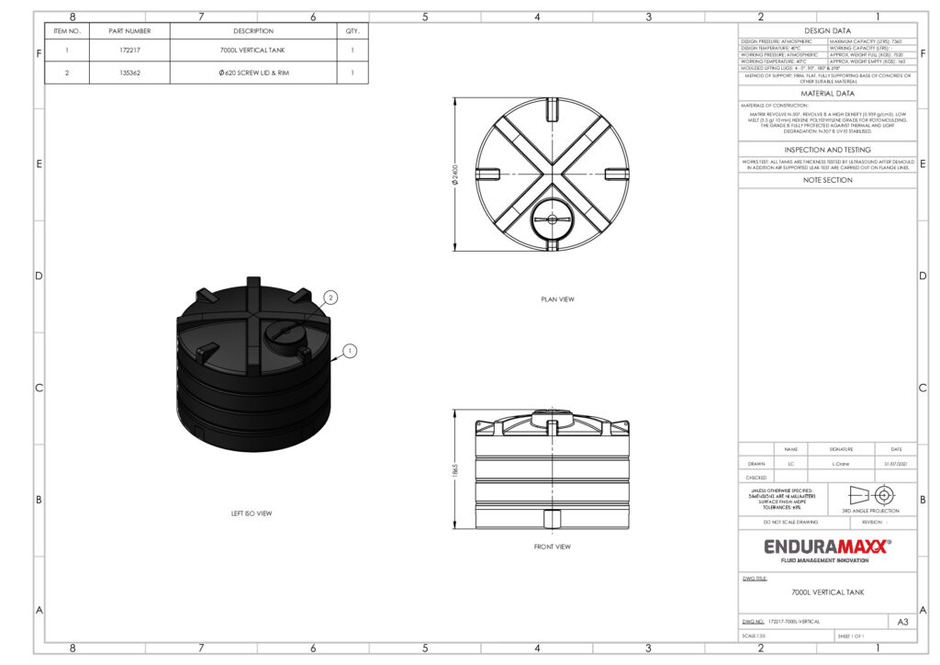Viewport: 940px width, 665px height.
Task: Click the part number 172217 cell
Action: [129, 51]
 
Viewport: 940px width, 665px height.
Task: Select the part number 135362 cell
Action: [129, 73]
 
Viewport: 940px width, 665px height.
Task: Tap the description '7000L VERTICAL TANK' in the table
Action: [253, 51]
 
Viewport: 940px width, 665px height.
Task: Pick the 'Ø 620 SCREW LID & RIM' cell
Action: [253, 73]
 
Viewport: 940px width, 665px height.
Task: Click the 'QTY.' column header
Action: [352, 30]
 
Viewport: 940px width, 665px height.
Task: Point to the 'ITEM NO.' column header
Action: [67, 30]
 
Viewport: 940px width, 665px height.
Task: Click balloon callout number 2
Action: [331, 297]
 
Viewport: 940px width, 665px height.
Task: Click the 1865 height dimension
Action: [455, 469]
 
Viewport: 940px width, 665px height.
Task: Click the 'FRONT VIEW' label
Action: [551, 547]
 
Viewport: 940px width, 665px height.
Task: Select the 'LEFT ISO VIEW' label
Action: [251, 513]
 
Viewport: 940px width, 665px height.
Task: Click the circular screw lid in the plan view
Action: [552, 219]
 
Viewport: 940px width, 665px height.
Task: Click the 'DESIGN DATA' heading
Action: [827, 30]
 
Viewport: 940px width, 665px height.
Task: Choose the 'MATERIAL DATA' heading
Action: [827, 93]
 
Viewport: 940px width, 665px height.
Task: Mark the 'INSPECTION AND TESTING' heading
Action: [827, 150]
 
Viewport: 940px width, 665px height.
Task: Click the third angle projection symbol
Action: [871, 493]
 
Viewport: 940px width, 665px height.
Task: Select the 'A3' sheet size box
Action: [902, 622]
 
